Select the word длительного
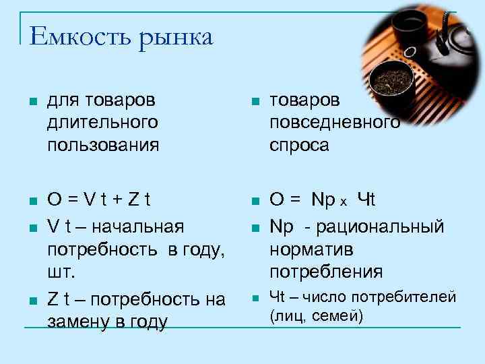coord(103,122)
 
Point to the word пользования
coord(103,144)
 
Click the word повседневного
coord(335,122)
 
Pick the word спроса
coord(299,144)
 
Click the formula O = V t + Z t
coord(99,200)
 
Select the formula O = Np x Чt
coord(322,200)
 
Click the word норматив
coord(312,249)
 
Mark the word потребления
coord(326,272)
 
